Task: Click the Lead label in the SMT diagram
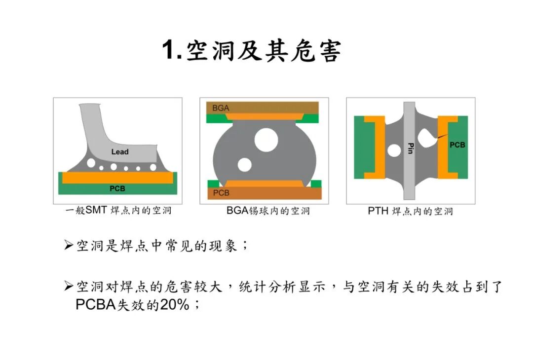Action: click(120, 151)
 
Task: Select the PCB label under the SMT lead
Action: click(117, 188)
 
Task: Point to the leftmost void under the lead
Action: click(90, 162)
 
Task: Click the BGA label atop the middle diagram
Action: click(221, 108)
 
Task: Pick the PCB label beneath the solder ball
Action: click(221, 193)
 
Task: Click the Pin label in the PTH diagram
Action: click(410, 148)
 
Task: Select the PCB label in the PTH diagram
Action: click(457, 145)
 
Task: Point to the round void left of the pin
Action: click(394, 150)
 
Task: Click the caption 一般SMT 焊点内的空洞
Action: click(118, 211)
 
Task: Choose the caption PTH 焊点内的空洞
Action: click(410, 211)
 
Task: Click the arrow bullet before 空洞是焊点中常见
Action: click(69, 245)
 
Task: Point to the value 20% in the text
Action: click(175, 305)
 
